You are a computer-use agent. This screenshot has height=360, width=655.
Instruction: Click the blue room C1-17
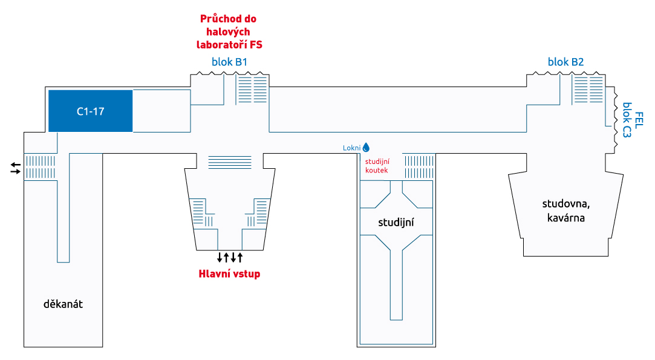tap(91, 111)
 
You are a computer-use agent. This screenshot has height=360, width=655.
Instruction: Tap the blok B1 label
tap(229, 62)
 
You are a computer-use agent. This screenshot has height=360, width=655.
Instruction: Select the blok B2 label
tap(565, 62)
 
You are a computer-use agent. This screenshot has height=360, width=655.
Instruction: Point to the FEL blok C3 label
tap(633, 120)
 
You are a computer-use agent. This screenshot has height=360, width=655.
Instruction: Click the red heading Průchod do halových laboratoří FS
tap(229, 31)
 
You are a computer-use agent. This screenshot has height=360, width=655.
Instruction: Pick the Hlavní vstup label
tap(229, 274)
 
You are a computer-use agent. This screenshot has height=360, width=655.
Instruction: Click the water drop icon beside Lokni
tap(366, 147)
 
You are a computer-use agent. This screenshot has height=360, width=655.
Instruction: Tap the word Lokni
tap(352, 148)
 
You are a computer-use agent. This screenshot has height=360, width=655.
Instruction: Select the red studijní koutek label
tap(377, 166)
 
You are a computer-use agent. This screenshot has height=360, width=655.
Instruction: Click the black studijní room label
tap(396, 223)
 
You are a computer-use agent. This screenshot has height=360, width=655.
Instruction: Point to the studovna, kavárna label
tap(566, 211)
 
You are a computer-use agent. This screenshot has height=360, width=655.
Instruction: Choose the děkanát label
tap(63, 304)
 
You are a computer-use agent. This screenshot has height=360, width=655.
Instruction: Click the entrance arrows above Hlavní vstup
tap(230, 257)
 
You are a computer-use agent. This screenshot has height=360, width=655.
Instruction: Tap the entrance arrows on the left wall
tap(16, 168)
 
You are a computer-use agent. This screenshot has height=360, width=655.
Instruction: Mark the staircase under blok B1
tap(252, 89)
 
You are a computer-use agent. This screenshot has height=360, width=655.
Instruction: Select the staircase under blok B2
tap(588, 89)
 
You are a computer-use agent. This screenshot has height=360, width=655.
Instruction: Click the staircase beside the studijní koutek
tap(419, 167)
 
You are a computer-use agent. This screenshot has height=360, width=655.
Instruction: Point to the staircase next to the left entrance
tap(40, 167)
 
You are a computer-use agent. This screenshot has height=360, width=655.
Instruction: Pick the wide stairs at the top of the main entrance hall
tap(230, 162)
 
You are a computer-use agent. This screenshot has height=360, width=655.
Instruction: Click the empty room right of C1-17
tap(161, 111)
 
